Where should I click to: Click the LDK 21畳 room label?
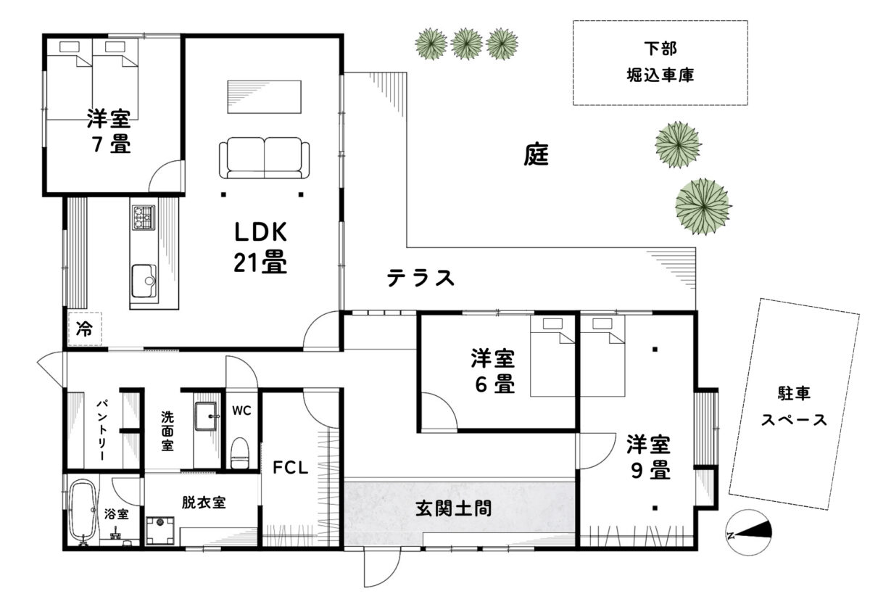point(260,247)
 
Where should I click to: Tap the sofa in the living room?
point(264,157)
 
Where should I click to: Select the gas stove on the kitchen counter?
point(144,218)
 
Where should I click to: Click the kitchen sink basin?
point(144,280)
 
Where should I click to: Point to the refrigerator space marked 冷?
point(85,329)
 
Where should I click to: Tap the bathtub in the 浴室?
point(83,512)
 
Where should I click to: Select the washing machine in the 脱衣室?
point(160,530)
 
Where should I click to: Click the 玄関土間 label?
point(453,508)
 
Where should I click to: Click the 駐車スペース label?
point(794,407)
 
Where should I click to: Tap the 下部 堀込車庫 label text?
point(660,62)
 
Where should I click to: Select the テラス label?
point(420,278)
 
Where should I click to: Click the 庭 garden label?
point(536,154)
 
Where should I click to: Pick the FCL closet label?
point(291,467)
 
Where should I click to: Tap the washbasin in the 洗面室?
point(205,416)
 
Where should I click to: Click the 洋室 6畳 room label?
point(493,371)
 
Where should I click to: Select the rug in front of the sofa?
point(264,96)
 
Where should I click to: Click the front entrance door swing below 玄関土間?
point(382,567)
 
